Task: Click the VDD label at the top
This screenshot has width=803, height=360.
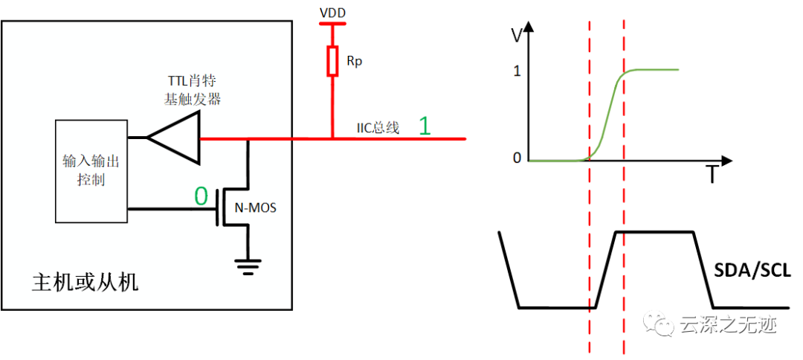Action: (x=332, y=12)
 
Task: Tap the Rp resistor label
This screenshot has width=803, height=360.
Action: (x=354, y=62)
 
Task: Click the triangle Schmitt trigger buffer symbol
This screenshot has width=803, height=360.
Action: (x=173, y=138)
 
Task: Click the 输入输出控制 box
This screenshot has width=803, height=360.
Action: (x=91, y=171)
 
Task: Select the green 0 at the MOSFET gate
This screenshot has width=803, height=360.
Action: (x=201, y=196)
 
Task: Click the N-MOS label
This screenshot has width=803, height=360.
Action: (x=255, y=208)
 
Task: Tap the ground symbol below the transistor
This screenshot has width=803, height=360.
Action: (x=248, y=267)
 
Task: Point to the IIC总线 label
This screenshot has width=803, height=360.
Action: (x=378, y=128)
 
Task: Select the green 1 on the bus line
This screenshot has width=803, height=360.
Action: (x=425, y=126)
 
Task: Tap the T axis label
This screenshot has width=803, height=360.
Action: (x=712, y=175)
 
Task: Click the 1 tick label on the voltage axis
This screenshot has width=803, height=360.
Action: (x=517, y=71)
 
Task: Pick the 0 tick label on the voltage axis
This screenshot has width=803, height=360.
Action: (x=517, y=158)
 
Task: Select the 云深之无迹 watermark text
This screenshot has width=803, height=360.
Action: (x=729, y=324)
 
